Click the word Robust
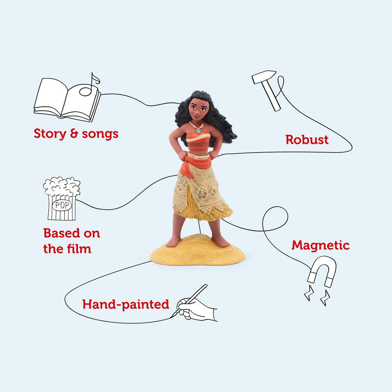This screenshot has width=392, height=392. [x=307, y=140]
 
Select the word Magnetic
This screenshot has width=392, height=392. [x=320, y=246]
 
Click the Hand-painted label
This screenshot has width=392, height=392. [x=126, y=304]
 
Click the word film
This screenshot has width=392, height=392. [x=79, y=249]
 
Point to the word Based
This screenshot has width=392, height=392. [x=60, y=233]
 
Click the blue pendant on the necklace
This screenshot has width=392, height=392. [x=199, y=131]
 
